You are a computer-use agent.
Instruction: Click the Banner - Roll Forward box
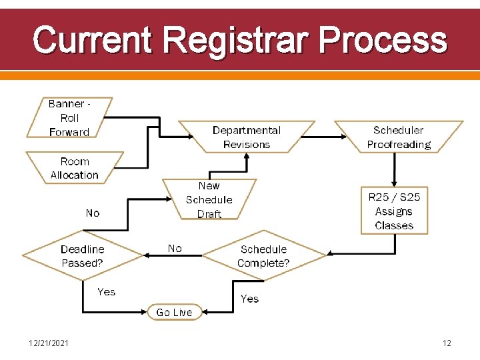pyautogui.click(x=69, y=118)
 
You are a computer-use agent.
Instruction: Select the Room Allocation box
pyautogui.click(x=75, y=168)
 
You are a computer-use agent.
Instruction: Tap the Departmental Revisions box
pyautogui.click(x=247, y=137)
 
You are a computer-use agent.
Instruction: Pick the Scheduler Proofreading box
pyautogui.click(x=399, y=137)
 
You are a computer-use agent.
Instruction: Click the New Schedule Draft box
pyautogui.click(x=209, y=199)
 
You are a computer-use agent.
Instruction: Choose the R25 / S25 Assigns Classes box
pyautogui.click(x=394, y=211)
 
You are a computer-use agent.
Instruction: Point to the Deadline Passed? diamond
pyautogui.click(x=83, y=256)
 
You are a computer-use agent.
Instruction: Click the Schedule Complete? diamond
pyautogui.click(x=263, y=256)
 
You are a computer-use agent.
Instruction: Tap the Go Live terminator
pyautogui.click(x=174, y=312)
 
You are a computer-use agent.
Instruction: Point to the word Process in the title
pyautogui.click(x=382, y=39)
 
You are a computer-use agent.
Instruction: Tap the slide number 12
pyautogui.click(x=447, y=343)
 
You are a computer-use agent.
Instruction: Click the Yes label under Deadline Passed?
pyautogui.click(x=106, y=292)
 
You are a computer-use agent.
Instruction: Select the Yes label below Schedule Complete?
pyautogui.click(x=249, y=299)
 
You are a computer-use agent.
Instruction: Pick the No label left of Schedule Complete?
pyautogui.click(x=175, y=249)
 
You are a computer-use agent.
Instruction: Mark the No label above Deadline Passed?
pyautogui.click(x=93, y=213)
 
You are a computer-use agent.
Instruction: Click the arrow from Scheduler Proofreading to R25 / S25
pyautogui.click(x=394, y=169)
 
